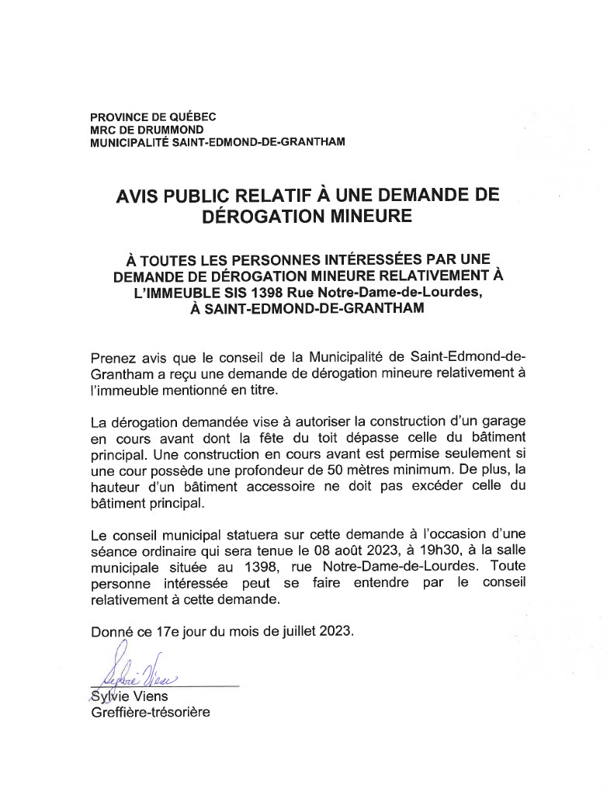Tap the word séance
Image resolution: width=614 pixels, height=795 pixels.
pyautogui.click(x=112, y=551)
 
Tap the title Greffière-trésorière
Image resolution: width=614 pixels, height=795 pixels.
pyautogui.click(x=151, y=712)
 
